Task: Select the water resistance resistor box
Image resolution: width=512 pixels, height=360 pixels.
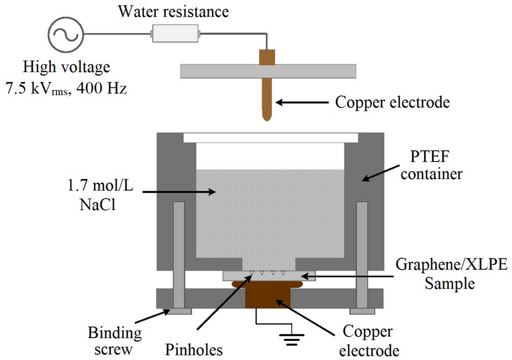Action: [175, 35]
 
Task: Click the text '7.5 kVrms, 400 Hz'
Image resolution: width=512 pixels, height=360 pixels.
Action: [66, 88]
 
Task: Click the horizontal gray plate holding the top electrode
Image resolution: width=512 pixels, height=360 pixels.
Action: [268, 70]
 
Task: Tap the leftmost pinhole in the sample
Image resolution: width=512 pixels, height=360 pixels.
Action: [252, 274]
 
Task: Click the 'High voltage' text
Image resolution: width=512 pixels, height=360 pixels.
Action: [66, 68]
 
